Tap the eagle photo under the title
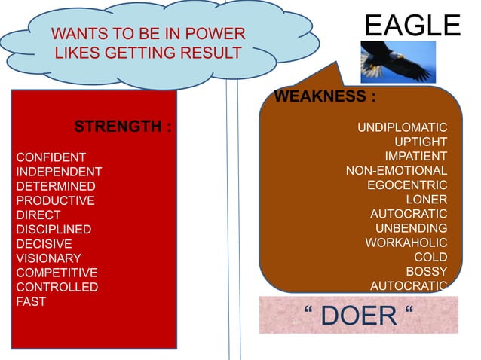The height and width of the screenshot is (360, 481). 398,62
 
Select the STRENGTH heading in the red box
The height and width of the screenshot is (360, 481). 123,126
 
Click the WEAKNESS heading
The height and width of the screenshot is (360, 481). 325,97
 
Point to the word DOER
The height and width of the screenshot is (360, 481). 359,316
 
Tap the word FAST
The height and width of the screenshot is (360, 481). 31,301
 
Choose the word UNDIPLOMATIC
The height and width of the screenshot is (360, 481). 402,127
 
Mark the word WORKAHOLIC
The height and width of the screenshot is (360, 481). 406,243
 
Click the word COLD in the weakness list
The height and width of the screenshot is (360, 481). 430,257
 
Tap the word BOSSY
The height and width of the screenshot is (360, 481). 427,271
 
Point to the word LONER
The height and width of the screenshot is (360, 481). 427,200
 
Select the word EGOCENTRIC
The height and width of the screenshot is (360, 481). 407,185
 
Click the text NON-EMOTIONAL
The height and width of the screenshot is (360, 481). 397,171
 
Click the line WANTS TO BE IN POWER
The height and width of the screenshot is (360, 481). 148,34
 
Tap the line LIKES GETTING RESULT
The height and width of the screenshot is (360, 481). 148,53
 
